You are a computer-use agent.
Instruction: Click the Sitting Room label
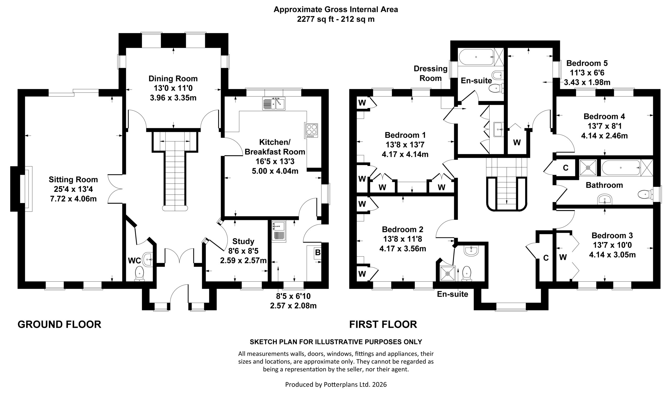[x=73, y=179]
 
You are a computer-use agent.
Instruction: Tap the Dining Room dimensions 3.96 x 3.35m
[x=173, y=98]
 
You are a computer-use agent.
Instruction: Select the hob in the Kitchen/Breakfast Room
[x=312, y=131]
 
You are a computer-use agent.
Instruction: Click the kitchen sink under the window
[x=274, y=103]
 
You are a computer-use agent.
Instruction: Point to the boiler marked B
[x=317, y=252]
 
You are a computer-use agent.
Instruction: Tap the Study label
[x=243, y=241]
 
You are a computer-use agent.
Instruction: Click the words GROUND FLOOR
[x=59, y=324]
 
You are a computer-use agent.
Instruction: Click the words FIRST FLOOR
[x=383, y=324]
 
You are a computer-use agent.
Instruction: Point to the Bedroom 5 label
[x=587, y=63]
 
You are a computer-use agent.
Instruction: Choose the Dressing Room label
[x=430, y=73]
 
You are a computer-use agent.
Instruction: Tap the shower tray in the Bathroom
[x=588, y=168]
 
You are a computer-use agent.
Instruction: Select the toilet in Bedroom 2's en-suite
[x=466, y=274]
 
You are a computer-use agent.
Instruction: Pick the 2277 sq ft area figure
[x=315, y=19]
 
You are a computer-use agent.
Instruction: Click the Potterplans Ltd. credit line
[x=336, y=384]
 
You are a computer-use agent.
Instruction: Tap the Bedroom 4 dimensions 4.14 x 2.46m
[x=604, y=136]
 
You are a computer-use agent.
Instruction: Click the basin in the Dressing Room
[x=498, y=130]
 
